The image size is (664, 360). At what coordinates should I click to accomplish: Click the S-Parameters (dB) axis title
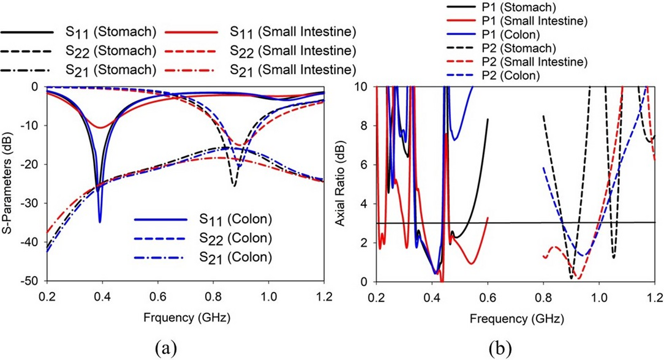[8, 184]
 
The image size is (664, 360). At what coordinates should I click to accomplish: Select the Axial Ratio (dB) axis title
[341, 184]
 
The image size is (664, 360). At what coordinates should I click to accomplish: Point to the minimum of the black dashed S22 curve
[234, 185]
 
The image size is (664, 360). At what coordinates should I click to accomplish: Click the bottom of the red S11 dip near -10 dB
[100, 127]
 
